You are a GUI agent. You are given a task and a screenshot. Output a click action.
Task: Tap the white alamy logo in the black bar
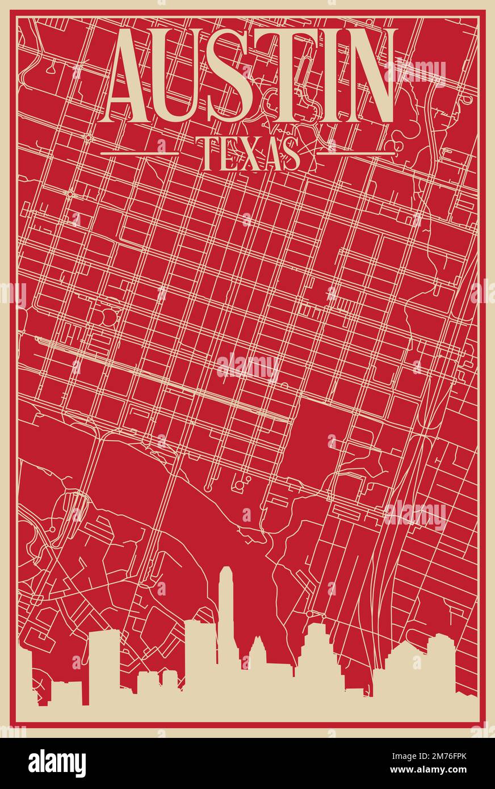pos(57,763)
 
